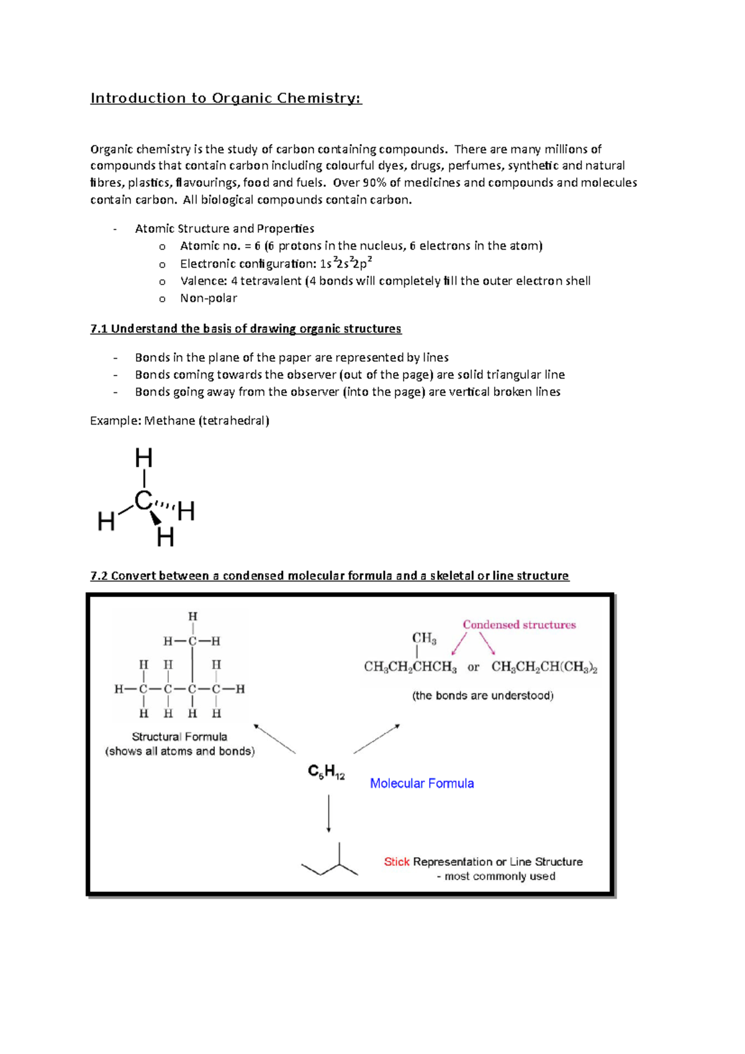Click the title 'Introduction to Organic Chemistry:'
coord(225,98)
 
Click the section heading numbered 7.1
coord(245,328)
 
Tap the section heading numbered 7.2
coord(329,575)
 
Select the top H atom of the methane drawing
coord(144,459)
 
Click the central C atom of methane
coord(143,500)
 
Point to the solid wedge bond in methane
coord(155,517)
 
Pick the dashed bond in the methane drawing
coord(165,505)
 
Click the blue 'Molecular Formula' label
coord(422,783)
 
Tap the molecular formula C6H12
coord(326,772)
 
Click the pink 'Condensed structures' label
coord(519,625)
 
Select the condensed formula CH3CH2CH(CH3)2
coord(544,667)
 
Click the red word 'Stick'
coord(396,862)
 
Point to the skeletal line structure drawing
coord(330,862)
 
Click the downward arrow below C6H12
coord(328,813)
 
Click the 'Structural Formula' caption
coord(179,737)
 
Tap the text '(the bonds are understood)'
coord(482,696)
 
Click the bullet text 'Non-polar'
coord(209,298)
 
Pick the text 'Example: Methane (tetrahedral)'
coord(179,421)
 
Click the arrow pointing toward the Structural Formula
coord(274,738)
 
